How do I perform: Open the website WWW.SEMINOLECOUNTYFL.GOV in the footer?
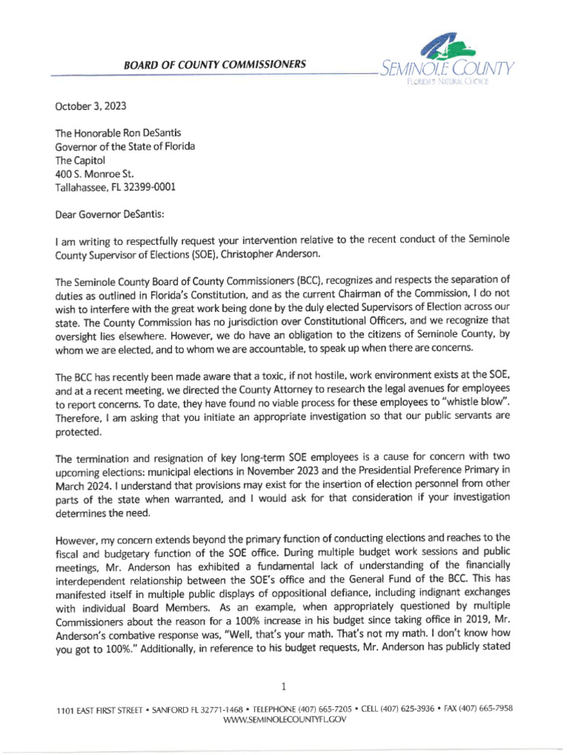pos(284,719)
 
